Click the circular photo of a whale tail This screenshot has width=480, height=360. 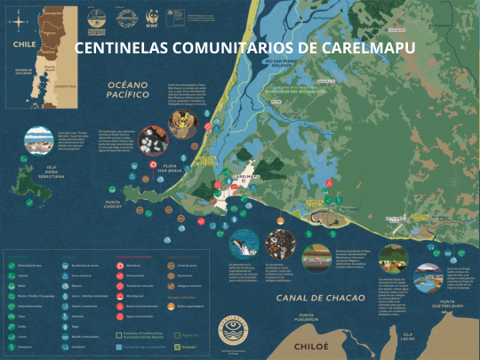(243, 243)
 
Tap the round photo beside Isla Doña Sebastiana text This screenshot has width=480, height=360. (38, 140)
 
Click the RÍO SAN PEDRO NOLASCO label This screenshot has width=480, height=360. (294, 63)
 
